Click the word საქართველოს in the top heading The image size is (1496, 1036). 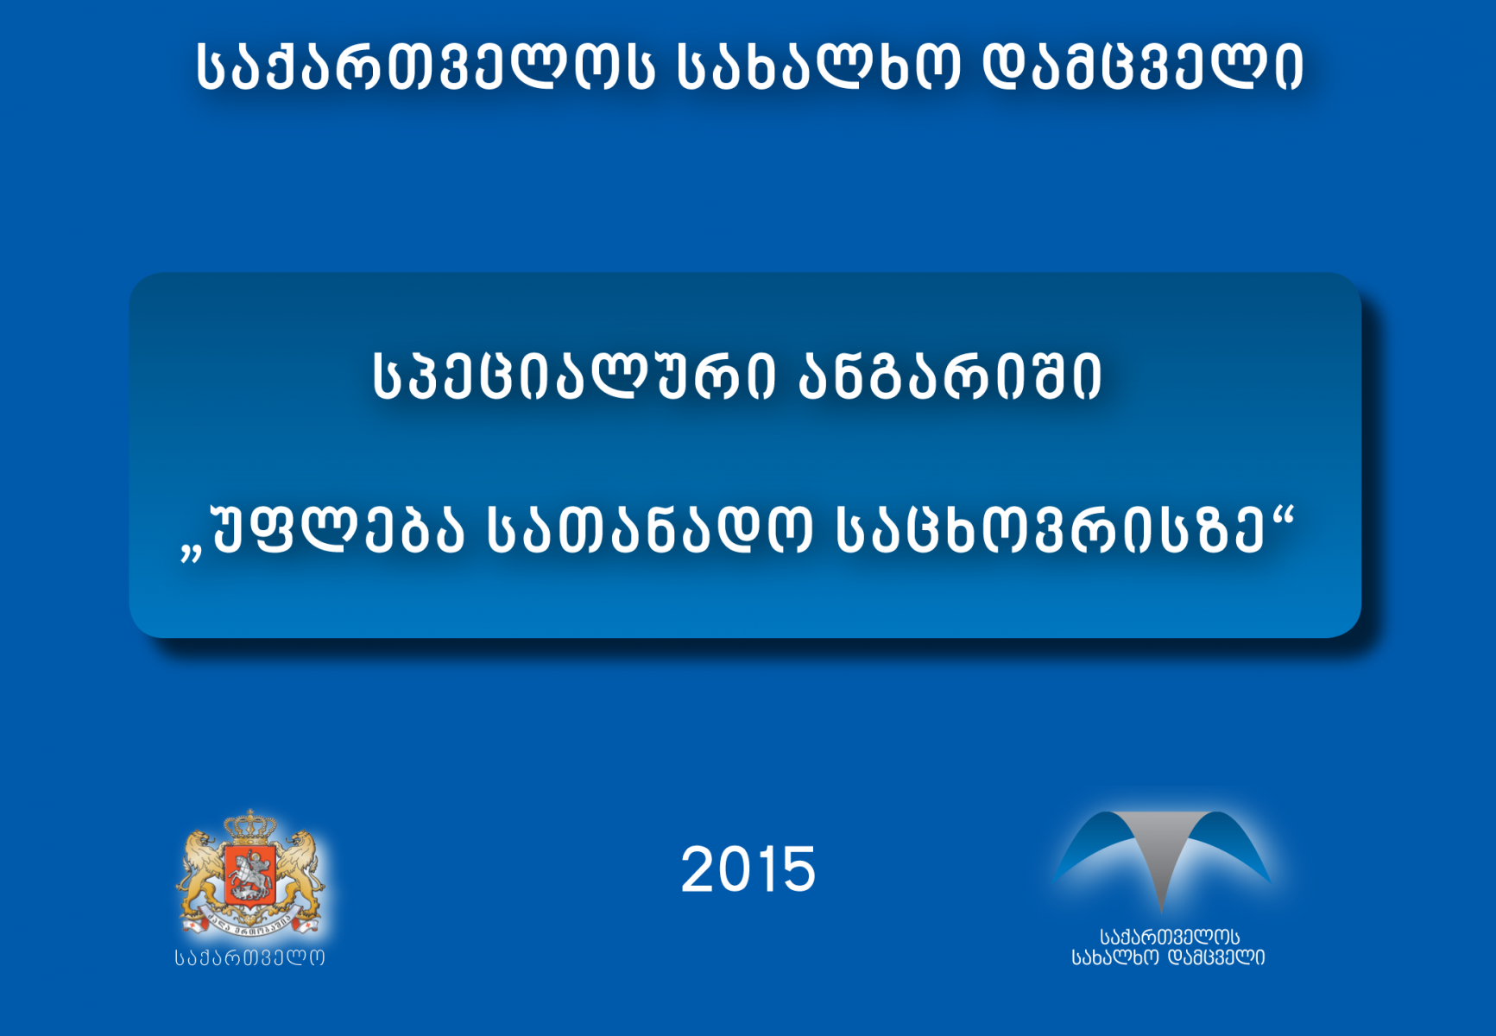click(x=424, y=67)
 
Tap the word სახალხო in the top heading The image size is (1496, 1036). click(x=817, y=67)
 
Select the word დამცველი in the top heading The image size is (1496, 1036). click(x=1144, y=67)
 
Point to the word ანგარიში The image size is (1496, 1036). click(x=950, y=376)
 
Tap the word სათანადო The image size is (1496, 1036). click(x=649, y=528)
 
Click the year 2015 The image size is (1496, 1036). click(x=748, y=869)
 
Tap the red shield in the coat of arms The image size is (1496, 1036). click(x=249, y=874)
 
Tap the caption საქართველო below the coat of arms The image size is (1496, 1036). click(x=250, y=957)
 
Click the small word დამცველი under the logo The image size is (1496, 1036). click(x=1215, y=957)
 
